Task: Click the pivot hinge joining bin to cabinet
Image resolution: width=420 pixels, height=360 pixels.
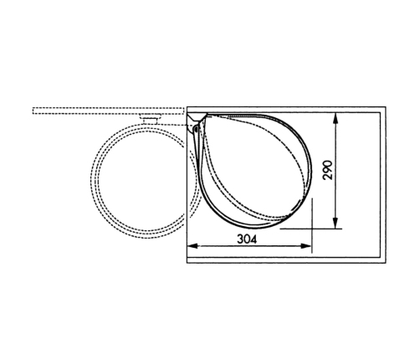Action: tap(196, 128)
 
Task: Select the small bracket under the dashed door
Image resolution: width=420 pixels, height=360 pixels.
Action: tap(151, 121)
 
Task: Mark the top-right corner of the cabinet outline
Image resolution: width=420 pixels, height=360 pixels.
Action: tap(387, 106)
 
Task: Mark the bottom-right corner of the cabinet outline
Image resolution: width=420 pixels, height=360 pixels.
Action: tap(387, 261)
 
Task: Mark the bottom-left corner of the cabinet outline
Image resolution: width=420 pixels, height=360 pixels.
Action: tap(185, 261)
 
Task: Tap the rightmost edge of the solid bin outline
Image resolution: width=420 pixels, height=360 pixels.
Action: tap(311, 167)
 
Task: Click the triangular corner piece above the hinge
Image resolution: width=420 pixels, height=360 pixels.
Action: tap(194, 114)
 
